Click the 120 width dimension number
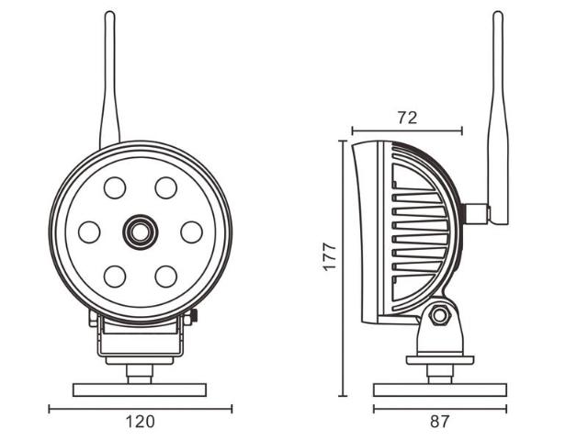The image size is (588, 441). click(x=139, y=423)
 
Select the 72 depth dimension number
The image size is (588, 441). click(x=407, y=117)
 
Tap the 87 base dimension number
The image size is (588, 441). click(x=439, y=423)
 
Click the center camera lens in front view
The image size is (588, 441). click(x=140, y=232)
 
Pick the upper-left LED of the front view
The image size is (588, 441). click(x=115, y=188)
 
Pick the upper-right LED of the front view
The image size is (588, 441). click(x=165, y=188)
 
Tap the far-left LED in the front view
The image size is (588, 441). click(x=89, y=232)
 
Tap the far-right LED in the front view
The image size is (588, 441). click(x=191, y=232)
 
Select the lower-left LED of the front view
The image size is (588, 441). click(x=115, y=275)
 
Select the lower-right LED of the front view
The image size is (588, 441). click(x=165, y=275)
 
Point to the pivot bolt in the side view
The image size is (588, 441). click(x=439, y=315)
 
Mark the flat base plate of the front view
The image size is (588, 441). click(x=140, y=390)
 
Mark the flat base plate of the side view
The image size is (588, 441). click(x=439, y=390)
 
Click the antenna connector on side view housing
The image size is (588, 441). click(x=476, y=213)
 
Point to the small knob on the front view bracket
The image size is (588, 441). click(x=195, y=317)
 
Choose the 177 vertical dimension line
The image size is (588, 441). click(x=343, y=266)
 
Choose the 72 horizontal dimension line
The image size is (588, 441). click(x=407, y=131)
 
